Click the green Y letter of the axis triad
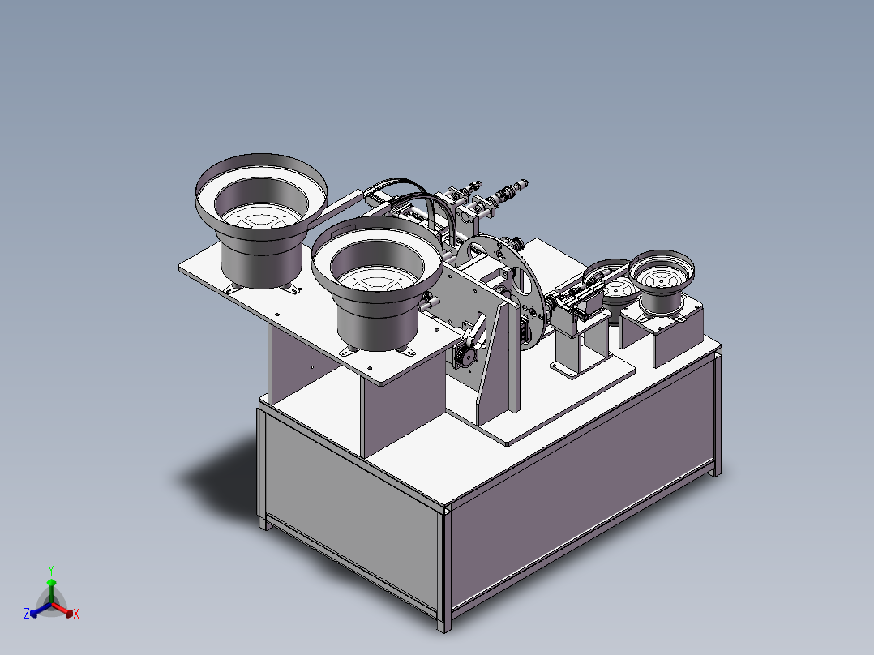[x=51, y=569]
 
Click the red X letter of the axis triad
[x=76, y=614]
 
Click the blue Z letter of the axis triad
[x=27, y=614]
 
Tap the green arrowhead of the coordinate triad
[x=51, y=582]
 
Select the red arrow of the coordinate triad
[x=65, y=610]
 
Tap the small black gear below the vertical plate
[x=464, y=356]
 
